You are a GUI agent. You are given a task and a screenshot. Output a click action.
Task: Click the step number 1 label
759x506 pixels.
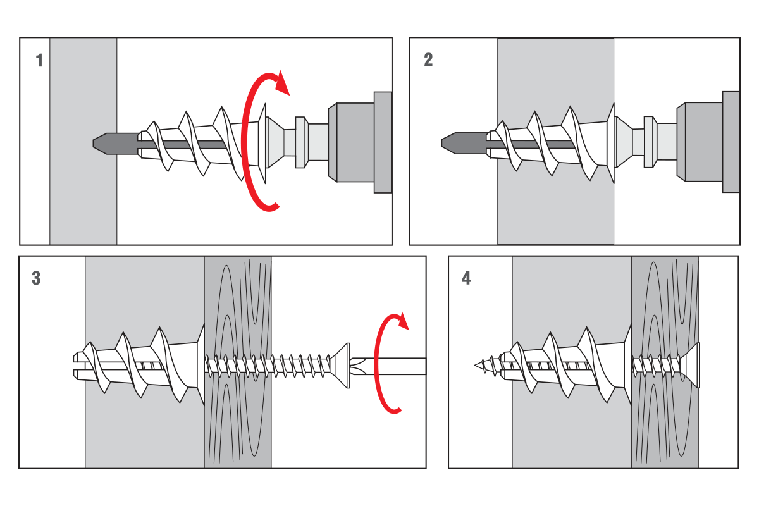(39, 61)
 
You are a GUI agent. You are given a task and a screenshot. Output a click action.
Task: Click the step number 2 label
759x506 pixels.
(428, 61)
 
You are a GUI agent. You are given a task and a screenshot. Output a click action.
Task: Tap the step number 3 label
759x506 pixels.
(36, 278)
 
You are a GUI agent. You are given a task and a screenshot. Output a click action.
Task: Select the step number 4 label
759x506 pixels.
(466, 278)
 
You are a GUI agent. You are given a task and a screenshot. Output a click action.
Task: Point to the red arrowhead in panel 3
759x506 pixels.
(400, 321)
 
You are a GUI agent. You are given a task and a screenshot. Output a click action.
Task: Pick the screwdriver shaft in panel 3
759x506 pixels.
(398, 366)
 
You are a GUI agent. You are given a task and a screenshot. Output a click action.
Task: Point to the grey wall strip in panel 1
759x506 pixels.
(83, 190)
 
